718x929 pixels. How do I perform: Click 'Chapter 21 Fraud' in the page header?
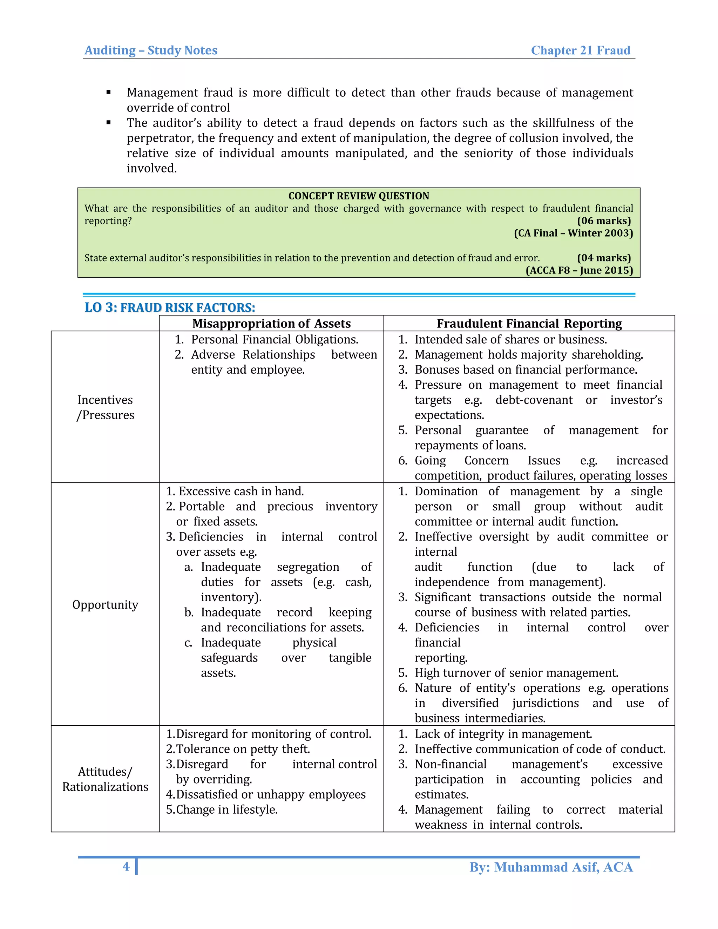point(580,50)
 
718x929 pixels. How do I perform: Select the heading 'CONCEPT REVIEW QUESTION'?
point(359,196)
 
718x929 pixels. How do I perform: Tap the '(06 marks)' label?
point(604,221)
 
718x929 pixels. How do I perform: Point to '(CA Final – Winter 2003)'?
point(573,233)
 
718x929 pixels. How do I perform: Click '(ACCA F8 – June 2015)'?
point(579,271)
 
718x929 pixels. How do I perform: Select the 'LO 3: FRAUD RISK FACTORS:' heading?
point(170,307)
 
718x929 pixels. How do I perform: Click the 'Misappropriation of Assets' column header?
point(271,323)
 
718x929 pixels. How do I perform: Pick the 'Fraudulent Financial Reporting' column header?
point(529,323)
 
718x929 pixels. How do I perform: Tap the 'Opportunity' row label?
point(105,604)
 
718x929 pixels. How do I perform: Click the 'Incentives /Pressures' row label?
point(105,407)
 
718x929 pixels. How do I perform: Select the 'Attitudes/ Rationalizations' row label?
point(105,779)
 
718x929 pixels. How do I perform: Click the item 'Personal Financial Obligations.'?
point(275,339)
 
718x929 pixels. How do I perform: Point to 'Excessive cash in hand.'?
point(241,491)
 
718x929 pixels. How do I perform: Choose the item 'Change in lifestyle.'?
point(226,809)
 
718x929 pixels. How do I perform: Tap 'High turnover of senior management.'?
point(516,673)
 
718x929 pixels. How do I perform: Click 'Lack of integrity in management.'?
point(503,734)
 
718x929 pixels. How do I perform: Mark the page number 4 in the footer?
point(126,867)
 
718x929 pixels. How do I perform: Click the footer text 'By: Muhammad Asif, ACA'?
point(551,867)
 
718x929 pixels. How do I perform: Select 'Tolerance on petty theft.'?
point(243,749)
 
